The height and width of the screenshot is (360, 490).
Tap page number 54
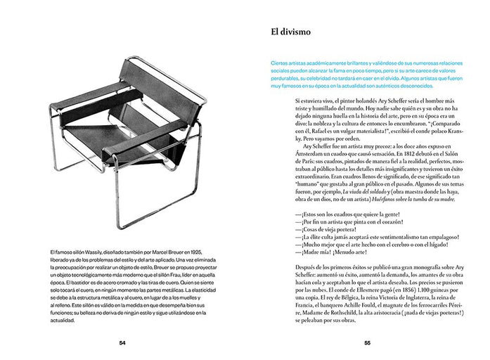tap(122, 343)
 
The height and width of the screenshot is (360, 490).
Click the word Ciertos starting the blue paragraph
tap(281, 64)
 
